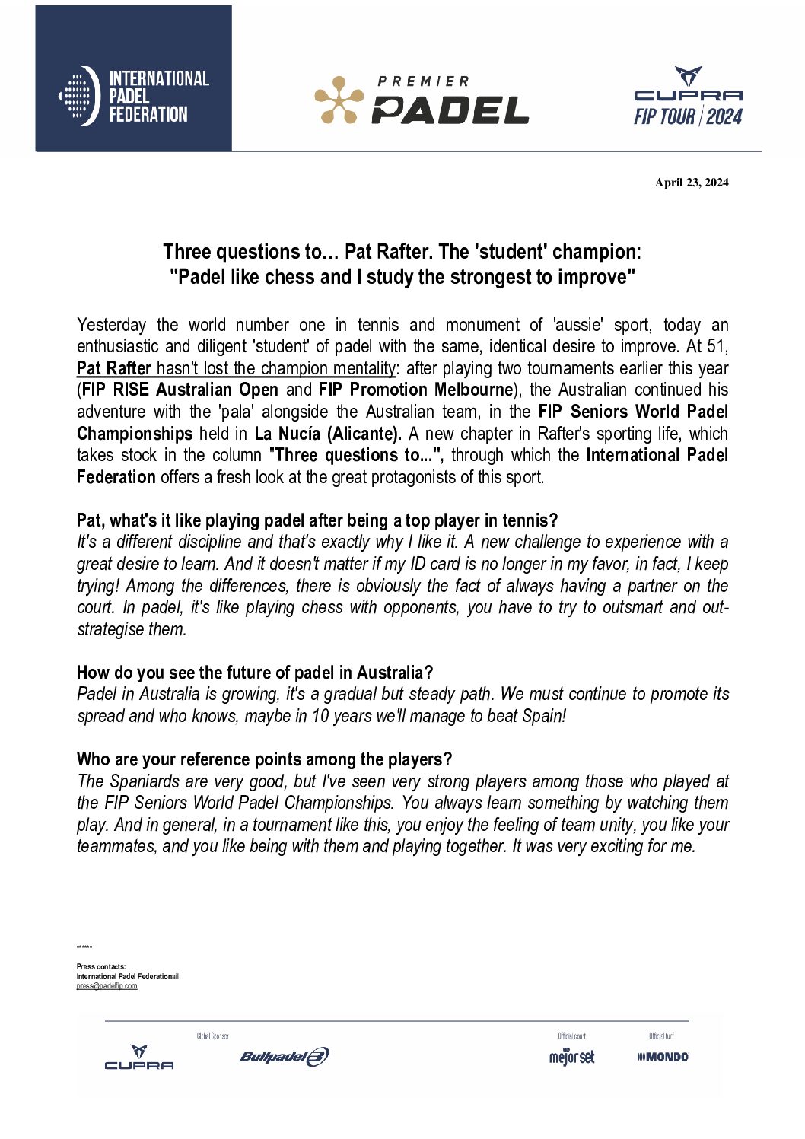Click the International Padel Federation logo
click(134, 96)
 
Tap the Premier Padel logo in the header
click(422, 100)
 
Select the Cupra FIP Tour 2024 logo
click(688, 97)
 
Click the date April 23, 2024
click(692, 183)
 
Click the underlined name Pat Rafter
click(114, 368)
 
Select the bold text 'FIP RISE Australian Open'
click(180, 390)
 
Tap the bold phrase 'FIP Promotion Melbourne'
click(415, 390)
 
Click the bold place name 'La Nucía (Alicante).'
click(328, 434)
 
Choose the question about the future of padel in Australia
click(255, 673)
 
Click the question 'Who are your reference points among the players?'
click(264, 759)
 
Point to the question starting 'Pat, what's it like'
click(317, 520)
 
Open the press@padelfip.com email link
click(107, 986)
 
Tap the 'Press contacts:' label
click(101, 967)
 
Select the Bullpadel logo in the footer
click(285, 1056)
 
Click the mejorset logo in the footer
click(571, 1057)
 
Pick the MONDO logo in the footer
click(663, 1057)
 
